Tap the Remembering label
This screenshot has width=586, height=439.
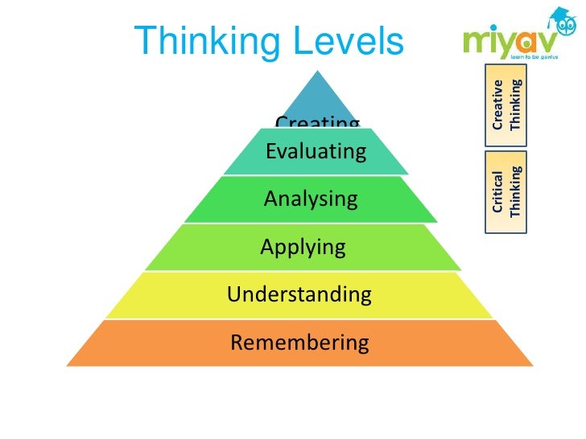click(x=299, y=343)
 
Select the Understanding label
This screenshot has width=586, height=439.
click(x=299, y=294)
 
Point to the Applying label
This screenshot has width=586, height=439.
click(x=303, y=247)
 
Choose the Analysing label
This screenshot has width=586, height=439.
click(x=311, y=198)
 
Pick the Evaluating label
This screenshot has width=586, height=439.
click(x=316, y=150)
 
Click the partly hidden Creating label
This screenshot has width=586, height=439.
click(x=317, y=122)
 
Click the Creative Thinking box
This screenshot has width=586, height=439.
click(x=507, y=105)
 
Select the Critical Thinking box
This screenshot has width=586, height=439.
click(x=507, y=191)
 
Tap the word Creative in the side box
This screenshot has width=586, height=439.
click(x=498, y=105)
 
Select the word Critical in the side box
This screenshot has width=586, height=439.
click(x=498, y=191)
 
